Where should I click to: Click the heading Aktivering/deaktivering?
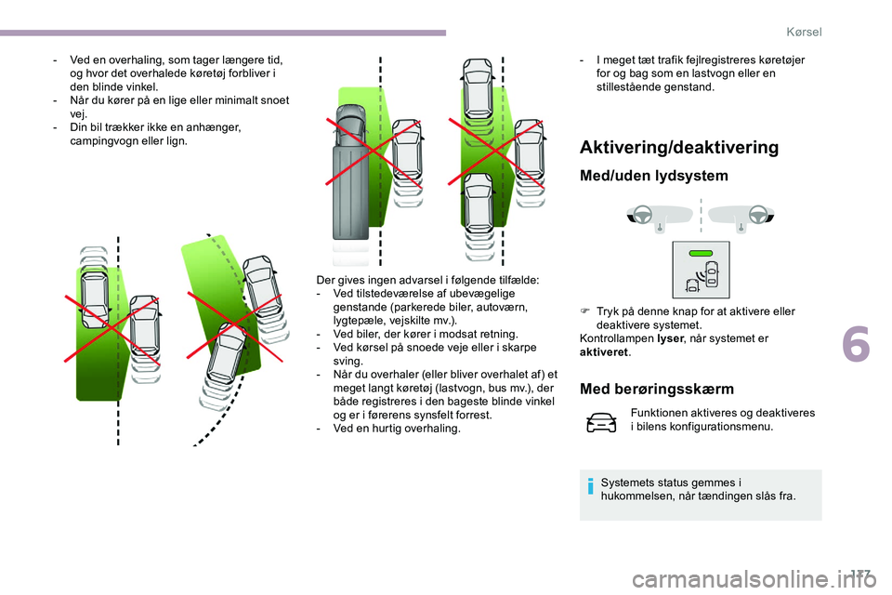pos(679,148)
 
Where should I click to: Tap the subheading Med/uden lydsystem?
pos(653,176)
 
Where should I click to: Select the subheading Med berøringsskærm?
pos(657,389)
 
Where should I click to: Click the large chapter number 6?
pos(856,344)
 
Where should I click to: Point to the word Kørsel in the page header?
pos(804,32)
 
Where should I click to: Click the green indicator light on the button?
pos(701,254)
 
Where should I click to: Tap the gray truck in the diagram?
pos(350,172)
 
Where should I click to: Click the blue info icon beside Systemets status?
pos(591,487)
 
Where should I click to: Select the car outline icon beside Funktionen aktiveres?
pos(601,423)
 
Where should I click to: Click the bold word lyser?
pos(669,338)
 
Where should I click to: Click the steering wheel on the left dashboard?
pos(643,215)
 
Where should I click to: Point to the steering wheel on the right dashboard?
pos(758,215)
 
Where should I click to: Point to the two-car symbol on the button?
pos(702,277)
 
